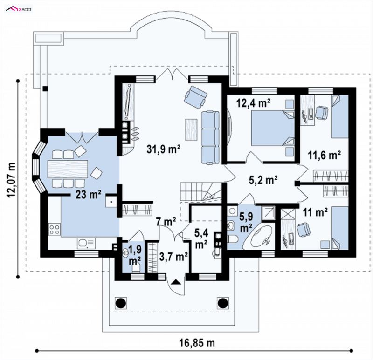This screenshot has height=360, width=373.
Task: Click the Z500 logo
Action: (x=19, y=9)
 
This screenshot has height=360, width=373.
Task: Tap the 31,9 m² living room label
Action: (x=164, y=149)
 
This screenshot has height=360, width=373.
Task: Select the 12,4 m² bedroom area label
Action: (x=253, y=103)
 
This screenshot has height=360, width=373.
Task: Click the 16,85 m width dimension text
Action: (x=197, y=343)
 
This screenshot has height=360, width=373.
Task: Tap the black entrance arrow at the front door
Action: (x=176, y=282)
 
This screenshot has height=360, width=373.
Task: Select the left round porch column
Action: (x=121, y=303)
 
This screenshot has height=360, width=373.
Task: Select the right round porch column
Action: (x=223, y=303)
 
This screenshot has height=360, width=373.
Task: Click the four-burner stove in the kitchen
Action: (x=55, y=229)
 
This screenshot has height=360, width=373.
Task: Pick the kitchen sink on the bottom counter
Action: (x=86, y=244)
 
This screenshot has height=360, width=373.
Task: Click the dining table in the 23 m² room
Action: (x=68, y=169)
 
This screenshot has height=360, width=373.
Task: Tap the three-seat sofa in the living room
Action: (x=210, y=137)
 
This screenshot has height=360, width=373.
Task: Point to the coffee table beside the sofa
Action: (x=192, y=129)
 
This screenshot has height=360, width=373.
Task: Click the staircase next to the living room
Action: (x=200, y=192)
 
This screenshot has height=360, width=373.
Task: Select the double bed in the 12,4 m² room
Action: (x=273, y=128)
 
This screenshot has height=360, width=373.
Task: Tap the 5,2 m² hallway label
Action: (x=263, y=180)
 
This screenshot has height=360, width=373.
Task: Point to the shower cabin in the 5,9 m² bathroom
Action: (x=268, y=213)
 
